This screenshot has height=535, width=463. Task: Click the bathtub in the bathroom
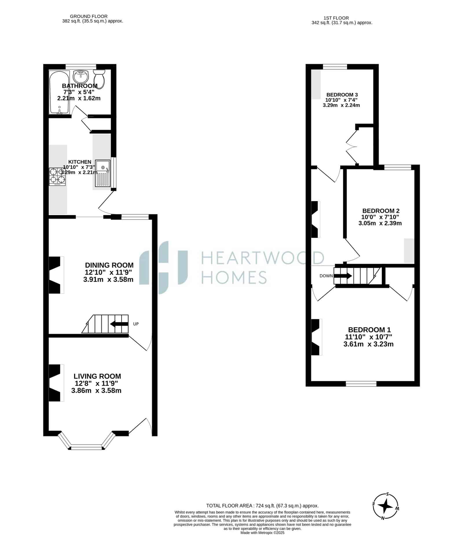(x=59, y=92)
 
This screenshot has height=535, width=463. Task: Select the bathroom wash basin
(x=81, y=77)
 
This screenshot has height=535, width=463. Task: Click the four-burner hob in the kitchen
(x=57, y=177)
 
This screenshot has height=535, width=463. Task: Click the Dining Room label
(x=109, y=265)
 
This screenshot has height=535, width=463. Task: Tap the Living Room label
(x=97, y=376)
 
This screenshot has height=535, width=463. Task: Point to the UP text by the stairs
(x=136, y=324)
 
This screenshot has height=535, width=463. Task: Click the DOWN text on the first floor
(x=326, y=276)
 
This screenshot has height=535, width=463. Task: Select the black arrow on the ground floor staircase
(x=119, y=324)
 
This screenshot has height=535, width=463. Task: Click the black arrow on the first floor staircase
(x=343, y=276)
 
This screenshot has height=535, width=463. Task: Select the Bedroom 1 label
(x=369, y=330)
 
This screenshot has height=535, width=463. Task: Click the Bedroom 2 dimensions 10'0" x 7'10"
(x=380, y=217)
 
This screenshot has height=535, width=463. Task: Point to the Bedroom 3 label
(x=342, y=95)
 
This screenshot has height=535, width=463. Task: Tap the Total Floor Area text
(x=262, y=506)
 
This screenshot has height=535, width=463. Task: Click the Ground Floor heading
(x=89, y=16)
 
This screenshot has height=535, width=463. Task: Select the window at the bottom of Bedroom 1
(x=361, y=384)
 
